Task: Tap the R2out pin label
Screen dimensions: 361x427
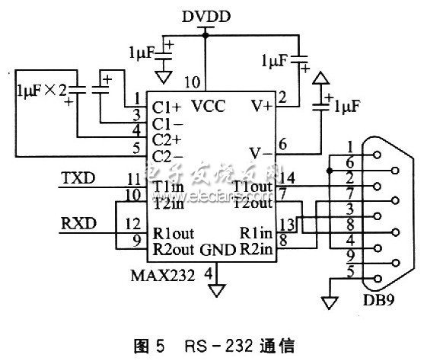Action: [x=174, y=249]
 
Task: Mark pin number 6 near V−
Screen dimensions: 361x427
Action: [x=282, y=143]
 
